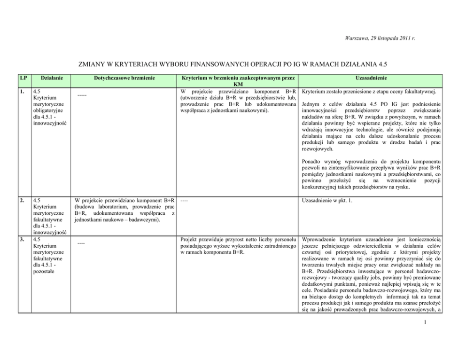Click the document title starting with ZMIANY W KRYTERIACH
(233, 64)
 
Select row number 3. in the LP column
(22, 238)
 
